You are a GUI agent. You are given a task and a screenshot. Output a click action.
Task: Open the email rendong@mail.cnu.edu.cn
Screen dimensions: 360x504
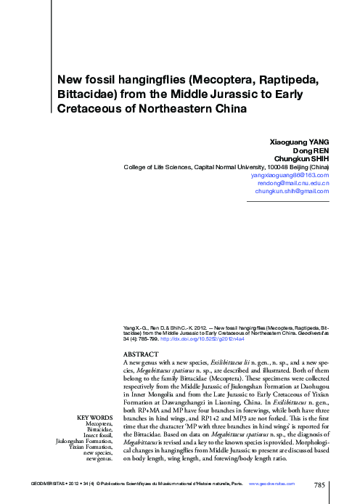coord(293,183)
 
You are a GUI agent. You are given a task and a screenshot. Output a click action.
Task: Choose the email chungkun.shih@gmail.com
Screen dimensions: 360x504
coord(289,191)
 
